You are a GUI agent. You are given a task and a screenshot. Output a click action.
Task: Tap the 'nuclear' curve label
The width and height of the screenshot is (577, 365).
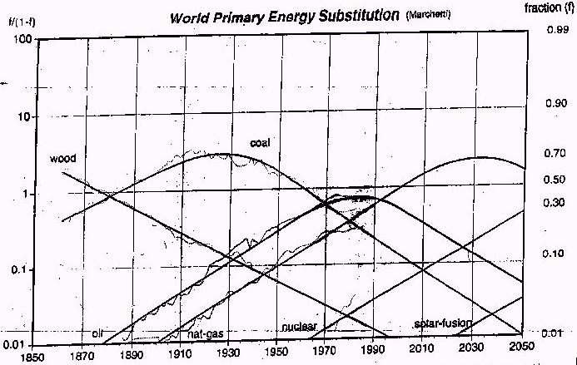(x=297, y=326)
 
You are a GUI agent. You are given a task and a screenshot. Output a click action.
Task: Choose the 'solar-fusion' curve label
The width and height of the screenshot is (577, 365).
(x=443, y=323)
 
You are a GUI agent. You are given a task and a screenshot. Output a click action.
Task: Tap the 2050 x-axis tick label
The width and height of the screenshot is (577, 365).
(x=521, y=354)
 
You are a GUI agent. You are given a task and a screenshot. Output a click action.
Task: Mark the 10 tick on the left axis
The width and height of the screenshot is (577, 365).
(x=24, y=116)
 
